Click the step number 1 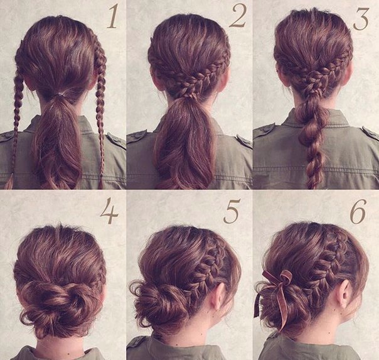pyautogui.click(x=112, y=16)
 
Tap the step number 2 pyautogui.click(x=238, y=15)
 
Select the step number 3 pyautogui.click(x=361, y=18)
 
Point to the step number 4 pyautogui.click(x=109, y=210)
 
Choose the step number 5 pyautogui.click(x=232, y=211)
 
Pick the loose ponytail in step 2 pyautogui.click(x=184, y=143)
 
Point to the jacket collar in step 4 pyautogui.click(x=60, y=354)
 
